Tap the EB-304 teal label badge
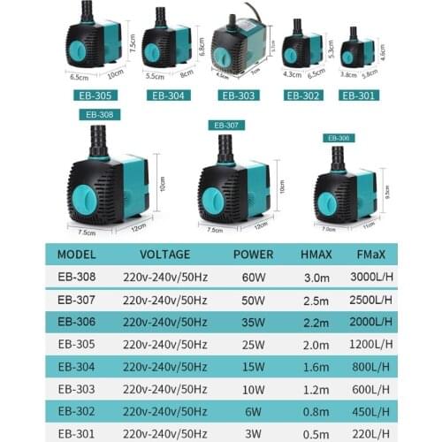(168, 95)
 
